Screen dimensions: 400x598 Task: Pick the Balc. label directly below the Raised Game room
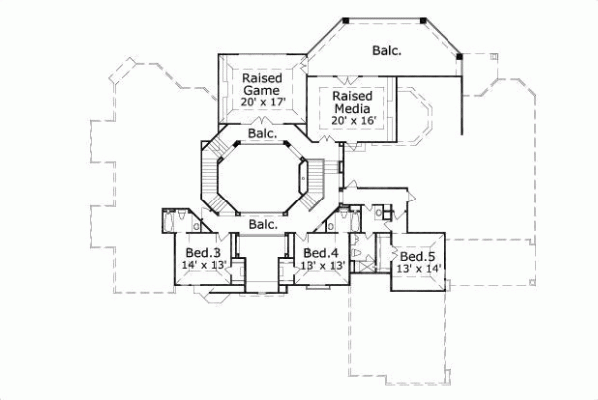(263, 133)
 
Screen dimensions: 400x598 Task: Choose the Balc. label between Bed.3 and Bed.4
(263, 225)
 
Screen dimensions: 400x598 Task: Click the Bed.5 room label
(417, 255)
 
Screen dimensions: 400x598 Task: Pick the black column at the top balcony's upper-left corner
(344, 20)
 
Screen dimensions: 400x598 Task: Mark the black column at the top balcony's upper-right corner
(424, 20)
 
